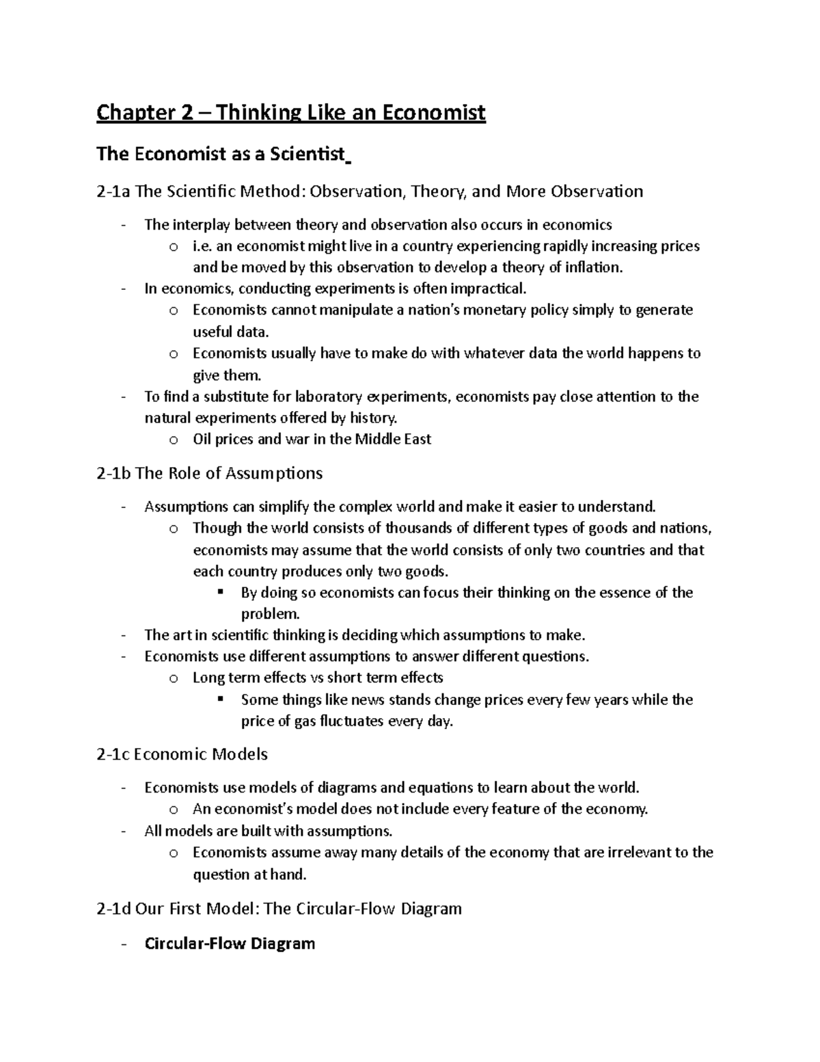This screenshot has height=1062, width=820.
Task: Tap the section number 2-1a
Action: point(113,191)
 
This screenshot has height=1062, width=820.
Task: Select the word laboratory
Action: point(327,397)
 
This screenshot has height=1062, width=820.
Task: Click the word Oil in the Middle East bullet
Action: point(202,439)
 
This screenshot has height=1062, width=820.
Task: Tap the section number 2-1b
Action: point(114,473)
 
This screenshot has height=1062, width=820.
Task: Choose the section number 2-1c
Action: point(113,754)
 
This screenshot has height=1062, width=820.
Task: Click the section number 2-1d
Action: point(114,908)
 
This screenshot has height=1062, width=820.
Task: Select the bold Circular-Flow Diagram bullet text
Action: point(230,944)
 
